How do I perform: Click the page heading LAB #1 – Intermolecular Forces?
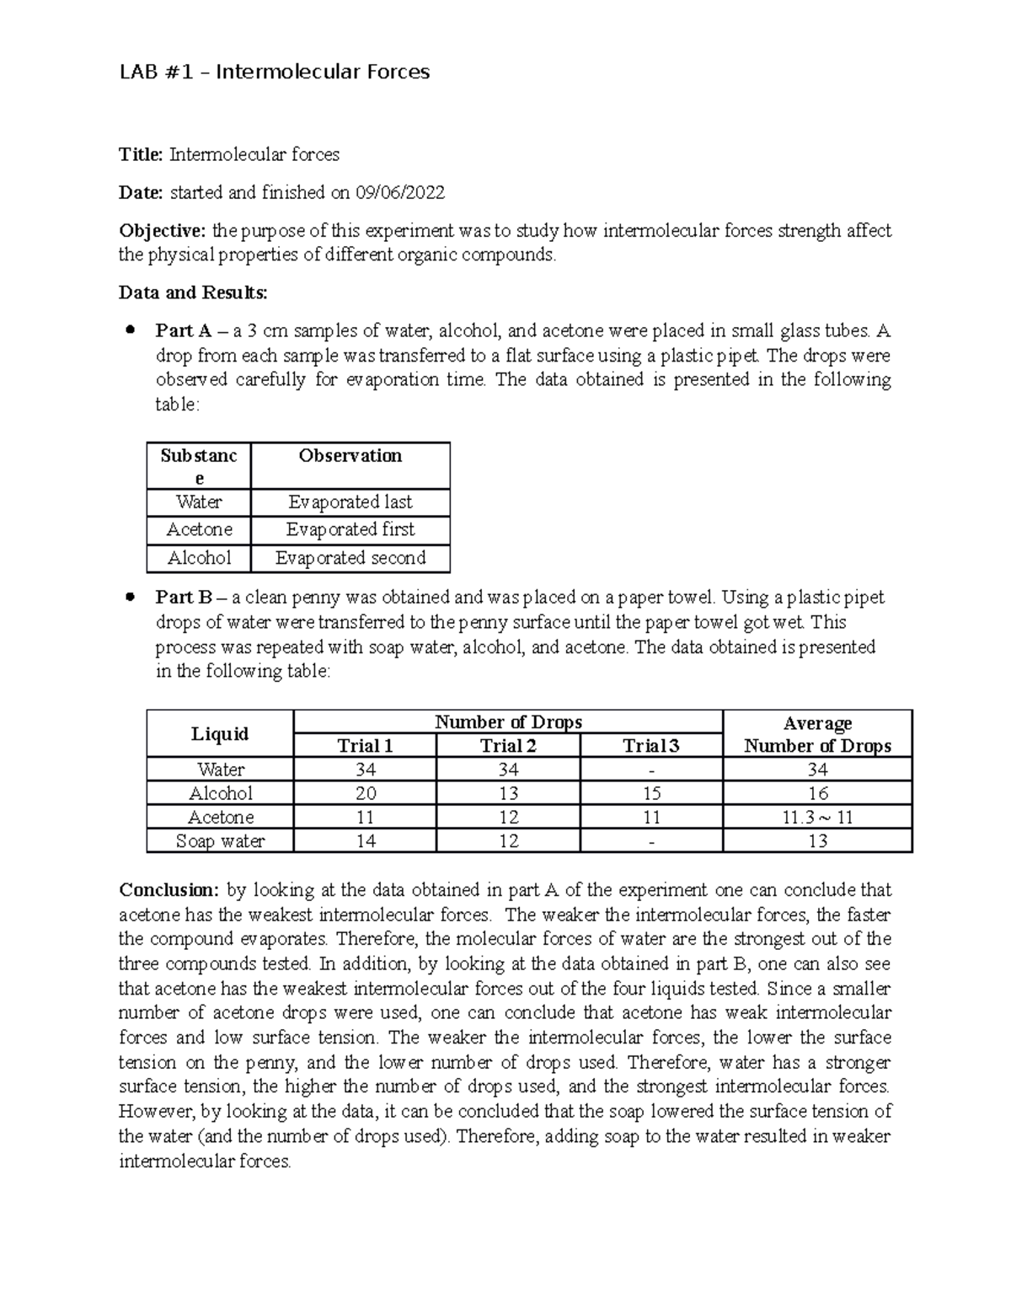(x=274, y=72)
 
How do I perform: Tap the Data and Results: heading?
(x=193, y=293)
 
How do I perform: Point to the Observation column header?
(x=350, y=456)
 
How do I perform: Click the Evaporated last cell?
(x=350, y=502)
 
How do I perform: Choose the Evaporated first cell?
(x=350, y=530)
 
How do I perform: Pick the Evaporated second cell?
(x=350, y=558)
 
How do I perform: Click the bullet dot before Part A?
(x=130, y=330)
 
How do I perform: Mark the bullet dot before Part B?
(x=130, y=598)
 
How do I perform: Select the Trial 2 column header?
(x=508, y=746)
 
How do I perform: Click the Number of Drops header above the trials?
(x=508, y=722)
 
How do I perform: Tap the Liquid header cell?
(x=220, y=734)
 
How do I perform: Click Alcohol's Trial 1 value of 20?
(x=366, y=794)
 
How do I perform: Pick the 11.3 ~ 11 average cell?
(x=817, y=818)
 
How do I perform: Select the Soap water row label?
(x=220, y=841)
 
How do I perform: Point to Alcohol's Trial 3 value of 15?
(x=650, y=794)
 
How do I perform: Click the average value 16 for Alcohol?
(x=817, y=794)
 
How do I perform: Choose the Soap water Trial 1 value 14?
(x=366, y=841)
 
